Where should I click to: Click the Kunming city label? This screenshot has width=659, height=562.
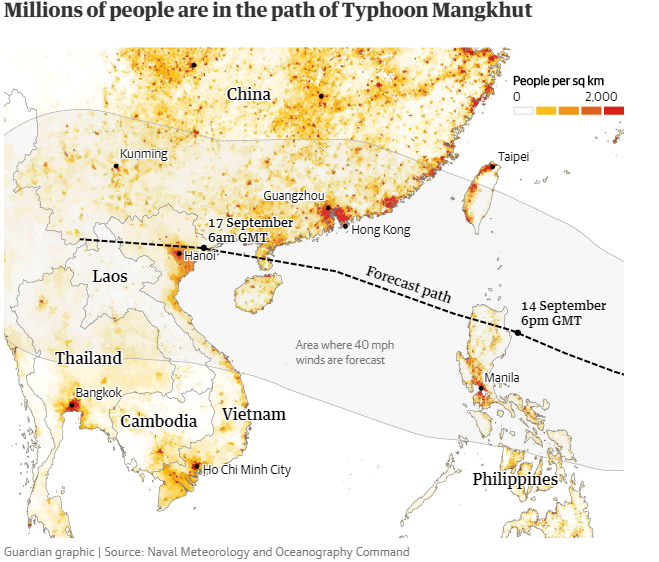144,154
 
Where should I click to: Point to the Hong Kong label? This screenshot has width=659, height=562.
381,230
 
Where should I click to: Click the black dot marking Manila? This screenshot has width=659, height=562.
481,388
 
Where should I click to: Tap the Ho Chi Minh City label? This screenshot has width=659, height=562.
247,469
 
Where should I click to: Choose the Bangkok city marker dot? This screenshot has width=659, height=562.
72,405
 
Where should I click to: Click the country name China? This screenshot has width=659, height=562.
248,94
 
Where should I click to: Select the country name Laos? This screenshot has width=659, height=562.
110,276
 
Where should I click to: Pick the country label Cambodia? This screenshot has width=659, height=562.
159,421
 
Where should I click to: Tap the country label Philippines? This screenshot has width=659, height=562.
514,480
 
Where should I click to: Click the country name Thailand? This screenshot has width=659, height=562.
88,358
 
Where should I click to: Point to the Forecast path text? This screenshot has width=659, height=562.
408,285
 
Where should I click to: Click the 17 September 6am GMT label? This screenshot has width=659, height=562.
250,229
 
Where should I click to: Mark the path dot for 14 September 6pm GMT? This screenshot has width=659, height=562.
518,332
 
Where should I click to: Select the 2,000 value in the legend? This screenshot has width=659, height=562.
602,96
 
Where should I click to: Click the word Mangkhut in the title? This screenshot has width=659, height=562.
469,13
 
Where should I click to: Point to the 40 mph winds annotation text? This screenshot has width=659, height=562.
344,352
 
